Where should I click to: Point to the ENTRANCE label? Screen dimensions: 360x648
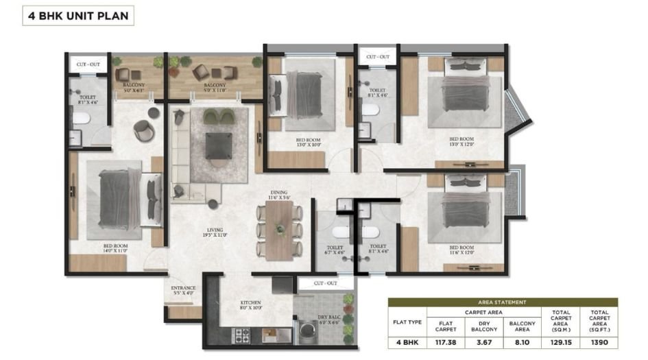183,291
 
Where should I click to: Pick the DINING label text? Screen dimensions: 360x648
278,195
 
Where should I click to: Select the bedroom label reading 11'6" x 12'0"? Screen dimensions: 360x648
461,250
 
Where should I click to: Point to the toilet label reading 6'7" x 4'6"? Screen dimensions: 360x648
335,249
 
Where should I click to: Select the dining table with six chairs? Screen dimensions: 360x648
278,230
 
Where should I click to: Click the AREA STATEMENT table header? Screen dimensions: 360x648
503,302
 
